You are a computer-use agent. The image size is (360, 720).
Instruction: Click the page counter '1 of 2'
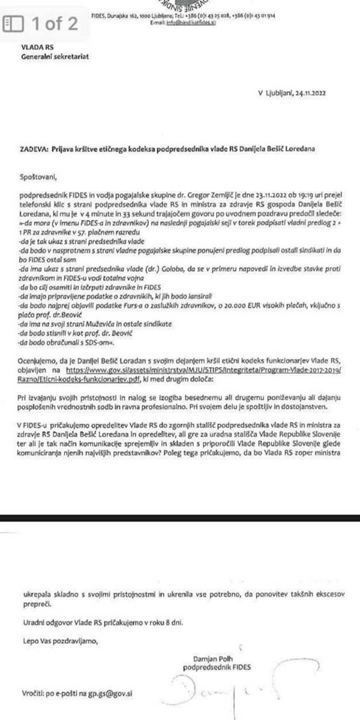55,25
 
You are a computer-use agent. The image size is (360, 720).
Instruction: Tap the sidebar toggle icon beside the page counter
13,25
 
